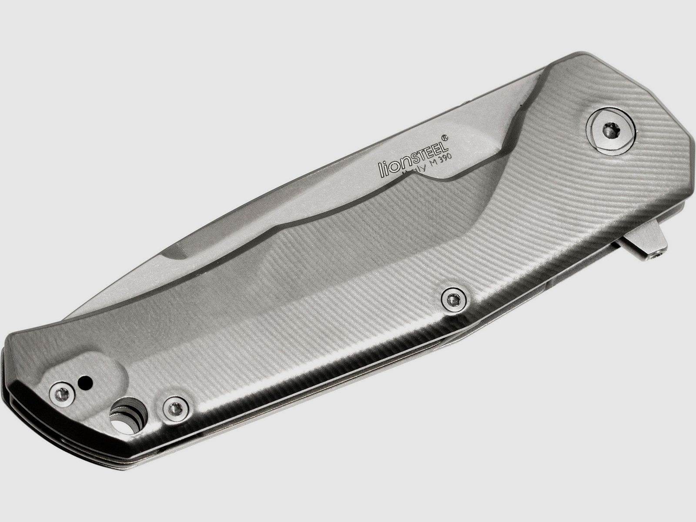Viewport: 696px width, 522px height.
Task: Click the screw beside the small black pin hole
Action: [60, 394]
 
